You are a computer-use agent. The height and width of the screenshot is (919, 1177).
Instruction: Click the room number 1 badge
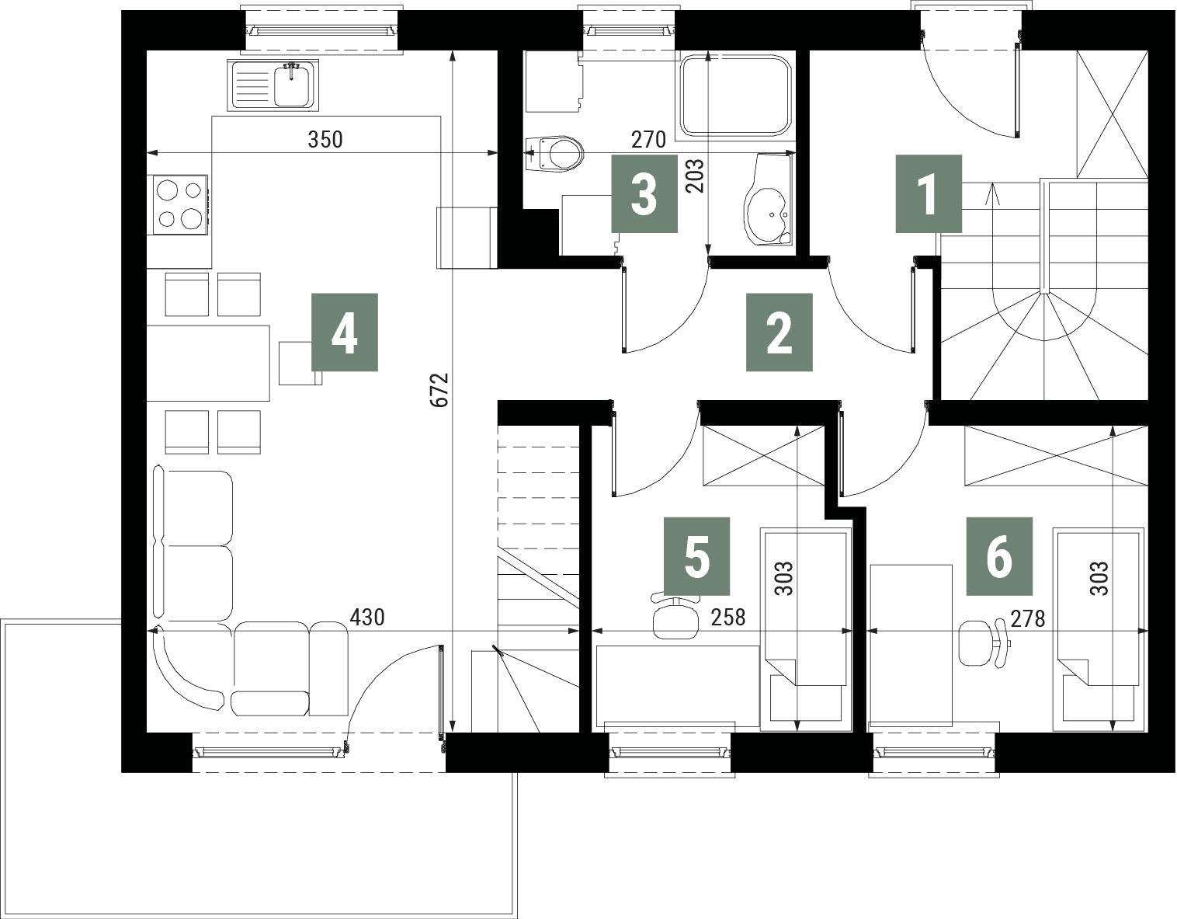click(929, 194)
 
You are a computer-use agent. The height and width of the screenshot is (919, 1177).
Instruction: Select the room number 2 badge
click(779, 332)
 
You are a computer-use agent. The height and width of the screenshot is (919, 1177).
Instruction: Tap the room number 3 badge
click(644, 194)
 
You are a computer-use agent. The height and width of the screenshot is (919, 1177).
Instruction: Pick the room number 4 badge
click(345, 332)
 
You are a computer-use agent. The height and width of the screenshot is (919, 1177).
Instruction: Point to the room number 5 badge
click(696, 556)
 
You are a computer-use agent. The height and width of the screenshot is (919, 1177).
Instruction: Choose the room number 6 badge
click(999, 556)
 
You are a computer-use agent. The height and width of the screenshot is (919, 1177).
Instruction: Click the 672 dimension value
click(440, 390)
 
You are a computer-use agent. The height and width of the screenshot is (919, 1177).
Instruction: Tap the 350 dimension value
click(325, 140)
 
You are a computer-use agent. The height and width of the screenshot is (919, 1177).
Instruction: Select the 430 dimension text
click(367, 617)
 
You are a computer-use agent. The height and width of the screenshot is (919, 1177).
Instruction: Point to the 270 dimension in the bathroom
click(648, 140)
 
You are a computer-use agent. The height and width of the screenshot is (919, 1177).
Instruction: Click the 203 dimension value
click(695, 175)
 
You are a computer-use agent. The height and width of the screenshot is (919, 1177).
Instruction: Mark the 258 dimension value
click(728, 617)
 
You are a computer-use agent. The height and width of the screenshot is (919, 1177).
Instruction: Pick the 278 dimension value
click(1027, 618)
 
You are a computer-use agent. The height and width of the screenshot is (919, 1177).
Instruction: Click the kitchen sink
click(273, 85)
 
